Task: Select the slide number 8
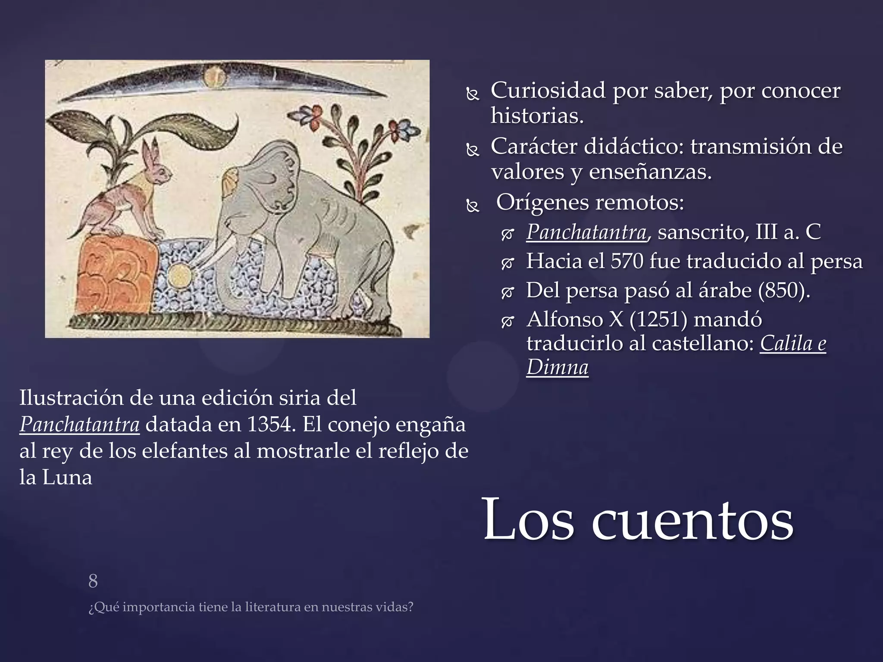[93, 581]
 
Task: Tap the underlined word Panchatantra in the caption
[79, 425]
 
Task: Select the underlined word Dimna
[557, 368]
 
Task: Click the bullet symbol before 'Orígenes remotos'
[473, 207]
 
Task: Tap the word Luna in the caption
[67, 478]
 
